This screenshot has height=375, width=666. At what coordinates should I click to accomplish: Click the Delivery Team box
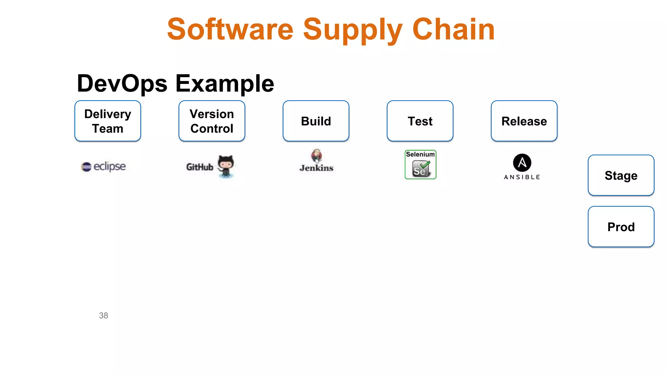pyautogui.click(x=108, y=121)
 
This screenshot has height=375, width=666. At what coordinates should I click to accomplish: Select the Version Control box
pyautogui.click(x=212, y=121)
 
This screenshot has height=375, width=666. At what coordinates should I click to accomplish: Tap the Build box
pyautogui.click(x=316, y=121)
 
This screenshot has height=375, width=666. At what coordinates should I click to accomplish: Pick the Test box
pyautogui.click(x=420, y=121)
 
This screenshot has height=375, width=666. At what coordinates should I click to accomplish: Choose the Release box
pyautogui.click(x=524, y=121)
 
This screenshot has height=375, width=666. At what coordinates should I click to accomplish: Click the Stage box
pyautogui.click(x=621, y=175)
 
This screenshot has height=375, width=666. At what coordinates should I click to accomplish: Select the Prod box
pyautogui.click(x=621, y=227)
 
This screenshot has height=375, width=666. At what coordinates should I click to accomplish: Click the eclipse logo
pyautogui.click(x=103, y=166)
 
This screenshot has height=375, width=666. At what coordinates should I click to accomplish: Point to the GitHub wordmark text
pyautogui.click(x=200, y=167)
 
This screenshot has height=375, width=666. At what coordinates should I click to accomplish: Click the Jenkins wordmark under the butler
pyautogui.click(x=316, y=168)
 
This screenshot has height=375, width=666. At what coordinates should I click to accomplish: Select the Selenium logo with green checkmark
pyautogui.click(x=420, y=165)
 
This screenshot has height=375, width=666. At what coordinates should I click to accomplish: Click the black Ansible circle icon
pyautogui.click(x=522, y=162)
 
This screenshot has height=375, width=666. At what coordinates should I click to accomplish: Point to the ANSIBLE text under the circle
pyautogui.click(x=522, y=177)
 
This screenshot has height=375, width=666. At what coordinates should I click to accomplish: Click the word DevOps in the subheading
pyautogui.click(x=122, y=84)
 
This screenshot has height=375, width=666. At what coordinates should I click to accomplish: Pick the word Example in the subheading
pyautogui.click(x=225, y=84)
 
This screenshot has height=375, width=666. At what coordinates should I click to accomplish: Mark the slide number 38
pyautogui.click(x=103, y=315)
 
